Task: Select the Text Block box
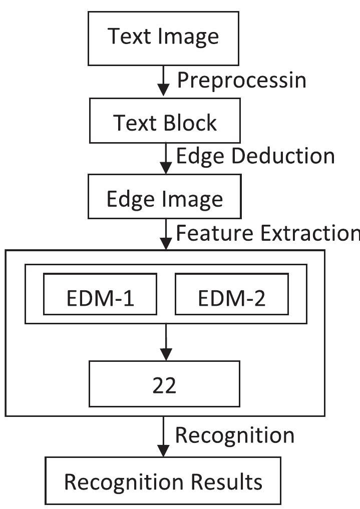164,123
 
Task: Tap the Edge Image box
164,199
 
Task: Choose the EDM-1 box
100,299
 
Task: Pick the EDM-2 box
231,299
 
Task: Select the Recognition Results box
163,481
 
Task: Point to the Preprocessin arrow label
241,80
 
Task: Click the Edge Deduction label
255,156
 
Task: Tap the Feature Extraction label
267,233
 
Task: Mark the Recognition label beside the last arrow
234,435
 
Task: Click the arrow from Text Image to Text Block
164,83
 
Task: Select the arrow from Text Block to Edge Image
164,159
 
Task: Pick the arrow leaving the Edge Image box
164,235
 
